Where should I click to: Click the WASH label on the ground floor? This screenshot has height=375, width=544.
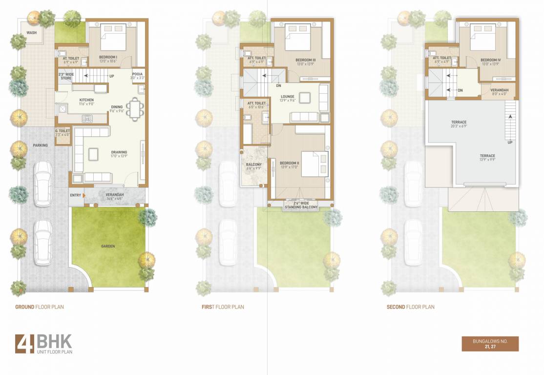click(32, 33)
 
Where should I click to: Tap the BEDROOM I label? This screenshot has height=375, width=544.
click(107, 58)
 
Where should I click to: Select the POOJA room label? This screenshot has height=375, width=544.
click(137, 74)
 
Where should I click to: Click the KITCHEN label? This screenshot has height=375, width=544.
click(86, 100)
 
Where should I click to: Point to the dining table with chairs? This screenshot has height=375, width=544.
click(134, 109)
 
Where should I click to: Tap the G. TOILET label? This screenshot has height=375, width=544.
click(63, 131)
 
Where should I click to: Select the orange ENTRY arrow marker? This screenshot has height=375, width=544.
click(85, 195)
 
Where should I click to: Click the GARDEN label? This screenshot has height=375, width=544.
click(108, 246)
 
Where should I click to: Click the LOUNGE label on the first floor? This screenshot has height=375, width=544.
click(288, 97)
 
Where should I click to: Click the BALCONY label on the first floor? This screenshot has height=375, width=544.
click(254, 165)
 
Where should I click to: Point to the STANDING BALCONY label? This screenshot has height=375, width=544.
click(301, 206)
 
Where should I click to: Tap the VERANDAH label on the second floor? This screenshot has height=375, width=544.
click(500, 90)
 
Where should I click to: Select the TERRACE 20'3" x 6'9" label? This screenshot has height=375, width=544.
click(459, 122)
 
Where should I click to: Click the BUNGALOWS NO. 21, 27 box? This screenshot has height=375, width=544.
click(490, 344)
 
